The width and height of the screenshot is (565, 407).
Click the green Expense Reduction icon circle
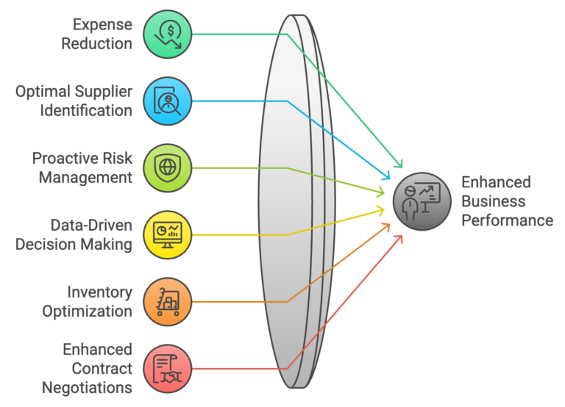[x=168, y=34]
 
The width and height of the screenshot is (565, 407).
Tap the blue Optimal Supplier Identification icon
[x=168, y=101]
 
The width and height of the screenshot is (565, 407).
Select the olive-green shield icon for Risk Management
[x=168, y=168]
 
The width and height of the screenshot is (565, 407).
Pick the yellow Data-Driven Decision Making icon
[x=168, y=234]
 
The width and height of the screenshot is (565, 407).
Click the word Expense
[x=103, y=25]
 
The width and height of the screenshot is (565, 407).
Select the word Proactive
[x=82, y=159]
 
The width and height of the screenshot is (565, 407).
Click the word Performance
[x=507, y=220]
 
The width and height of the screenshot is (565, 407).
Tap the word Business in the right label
[x=494, y=201]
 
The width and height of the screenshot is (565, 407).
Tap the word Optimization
[x=88, y=311]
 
